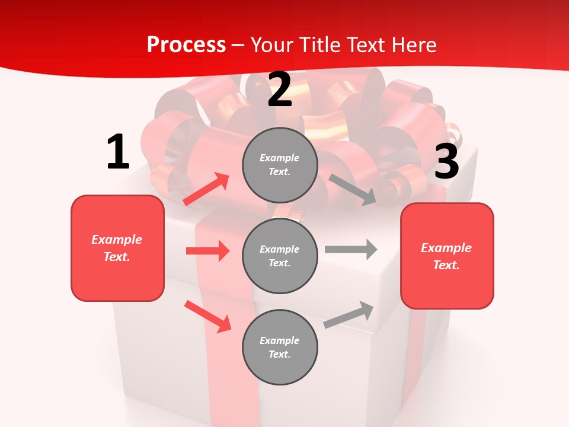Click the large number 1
coord(117,152)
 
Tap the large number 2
coord(280,90)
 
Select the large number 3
coord(446,162)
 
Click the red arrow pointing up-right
coord(206,189)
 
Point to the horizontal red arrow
coord(207,251)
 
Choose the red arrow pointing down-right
coord(207,316)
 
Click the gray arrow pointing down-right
coord(352,190)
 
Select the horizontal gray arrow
coord(351,249)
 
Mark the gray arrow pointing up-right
coord(349,314)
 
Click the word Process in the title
coord(186,44)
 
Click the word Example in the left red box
coord(117,240)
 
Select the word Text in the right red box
coord(446,265)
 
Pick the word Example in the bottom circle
coord(279,340)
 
